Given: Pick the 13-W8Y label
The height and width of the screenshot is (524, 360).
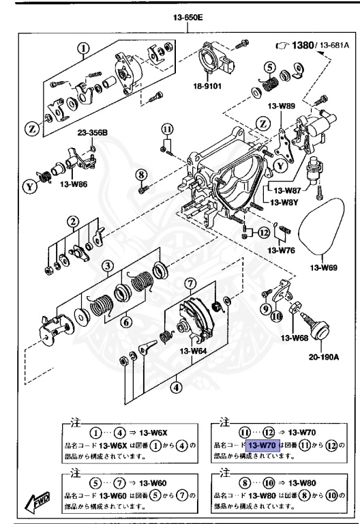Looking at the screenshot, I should coord(285,203).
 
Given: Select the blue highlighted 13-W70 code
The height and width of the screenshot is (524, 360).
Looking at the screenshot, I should coord(262,446).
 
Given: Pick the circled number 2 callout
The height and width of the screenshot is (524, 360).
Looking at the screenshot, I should coord(70,220).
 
